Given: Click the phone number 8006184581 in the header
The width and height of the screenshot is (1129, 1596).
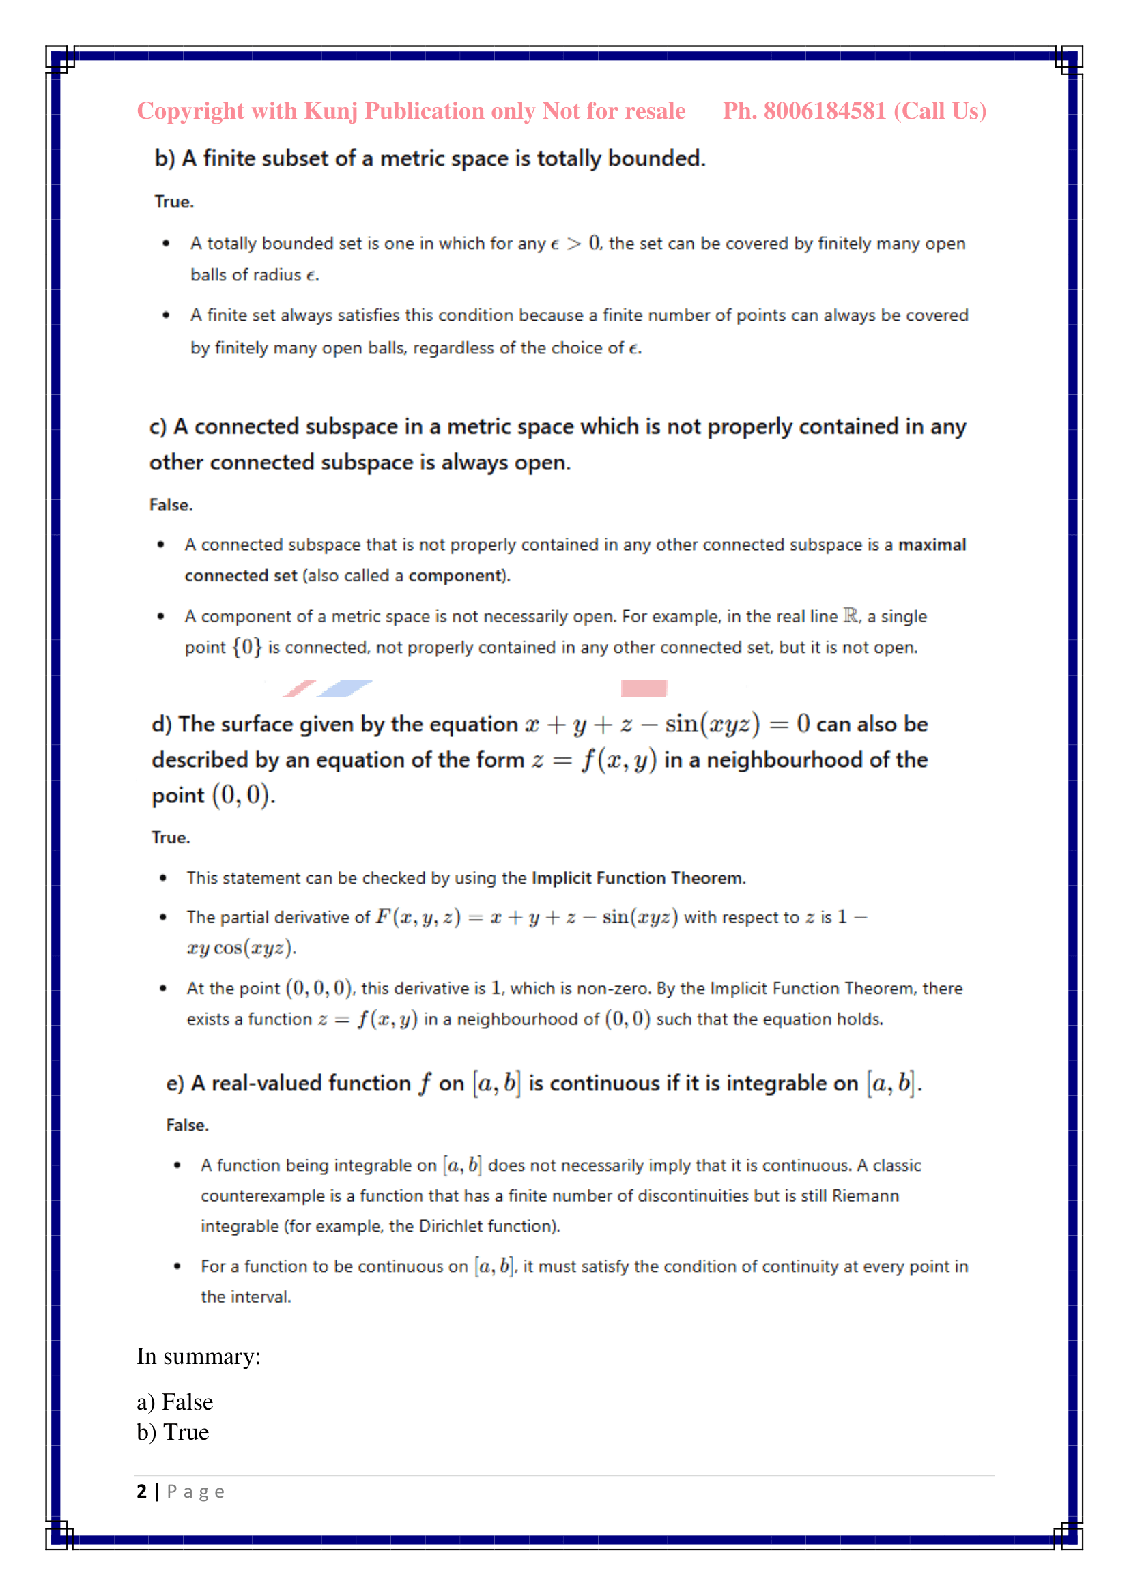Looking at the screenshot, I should click(x=825, y=111).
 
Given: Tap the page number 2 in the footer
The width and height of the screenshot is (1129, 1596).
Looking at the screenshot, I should click(x=142, y=1491).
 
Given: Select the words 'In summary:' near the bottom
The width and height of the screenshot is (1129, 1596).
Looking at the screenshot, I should click(x=198, y=1356).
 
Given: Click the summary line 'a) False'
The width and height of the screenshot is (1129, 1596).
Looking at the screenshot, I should click(x=175, y=1402).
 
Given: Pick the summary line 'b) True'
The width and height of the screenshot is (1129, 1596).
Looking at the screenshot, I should click(x=173, y=1432).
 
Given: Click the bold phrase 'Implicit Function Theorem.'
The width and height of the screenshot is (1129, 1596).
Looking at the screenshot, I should click(x=638, y=878).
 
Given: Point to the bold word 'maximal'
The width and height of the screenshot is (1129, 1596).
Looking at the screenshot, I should click(x=932, y=545).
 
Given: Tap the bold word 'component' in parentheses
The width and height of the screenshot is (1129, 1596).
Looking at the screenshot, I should click(x=455, y=576).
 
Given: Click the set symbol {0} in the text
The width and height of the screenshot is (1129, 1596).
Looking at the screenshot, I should click(x=247, y=647).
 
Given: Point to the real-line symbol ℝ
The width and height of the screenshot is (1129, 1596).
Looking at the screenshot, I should click(x=851, y=616).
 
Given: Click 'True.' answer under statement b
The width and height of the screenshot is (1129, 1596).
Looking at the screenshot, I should click(x=174, y=202).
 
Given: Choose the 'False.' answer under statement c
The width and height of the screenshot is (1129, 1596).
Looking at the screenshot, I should click(x=171, y=505).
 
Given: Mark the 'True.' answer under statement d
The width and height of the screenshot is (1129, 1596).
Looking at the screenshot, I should click(x=171, y=838).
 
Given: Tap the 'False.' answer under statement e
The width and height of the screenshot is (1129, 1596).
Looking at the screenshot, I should click(x=187, y=1125).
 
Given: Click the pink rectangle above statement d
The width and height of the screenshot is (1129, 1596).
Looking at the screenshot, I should click(x=643, y=688).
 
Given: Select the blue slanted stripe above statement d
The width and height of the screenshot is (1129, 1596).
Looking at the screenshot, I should click(x=345, y=688).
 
